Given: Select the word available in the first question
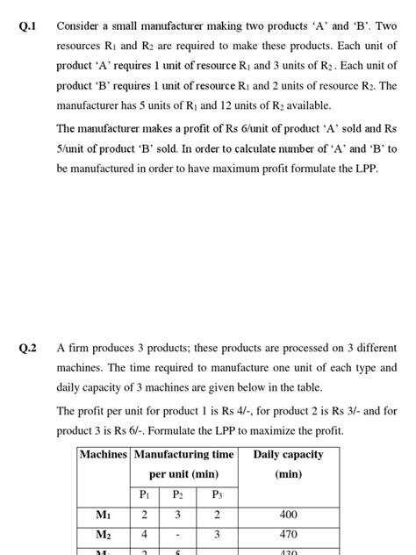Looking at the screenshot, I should pos(305,105).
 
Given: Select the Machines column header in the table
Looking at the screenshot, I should pos(104,454).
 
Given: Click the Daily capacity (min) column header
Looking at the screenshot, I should pos(288,464).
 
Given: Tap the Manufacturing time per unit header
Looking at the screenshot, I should pos(183,464).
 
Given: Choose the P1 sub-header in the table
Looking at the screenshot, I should pos(144,494).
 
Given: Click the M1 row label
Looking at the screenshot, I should pos(104,515).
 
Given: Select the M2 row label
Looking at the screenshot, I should pos(104,534).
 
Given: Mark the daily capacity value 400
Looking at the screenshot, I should pos(288,515).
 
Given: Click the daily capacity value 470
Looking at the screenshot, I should pos(288,534).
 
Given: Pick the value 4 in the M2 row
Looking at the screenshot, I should pos(144,534).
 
